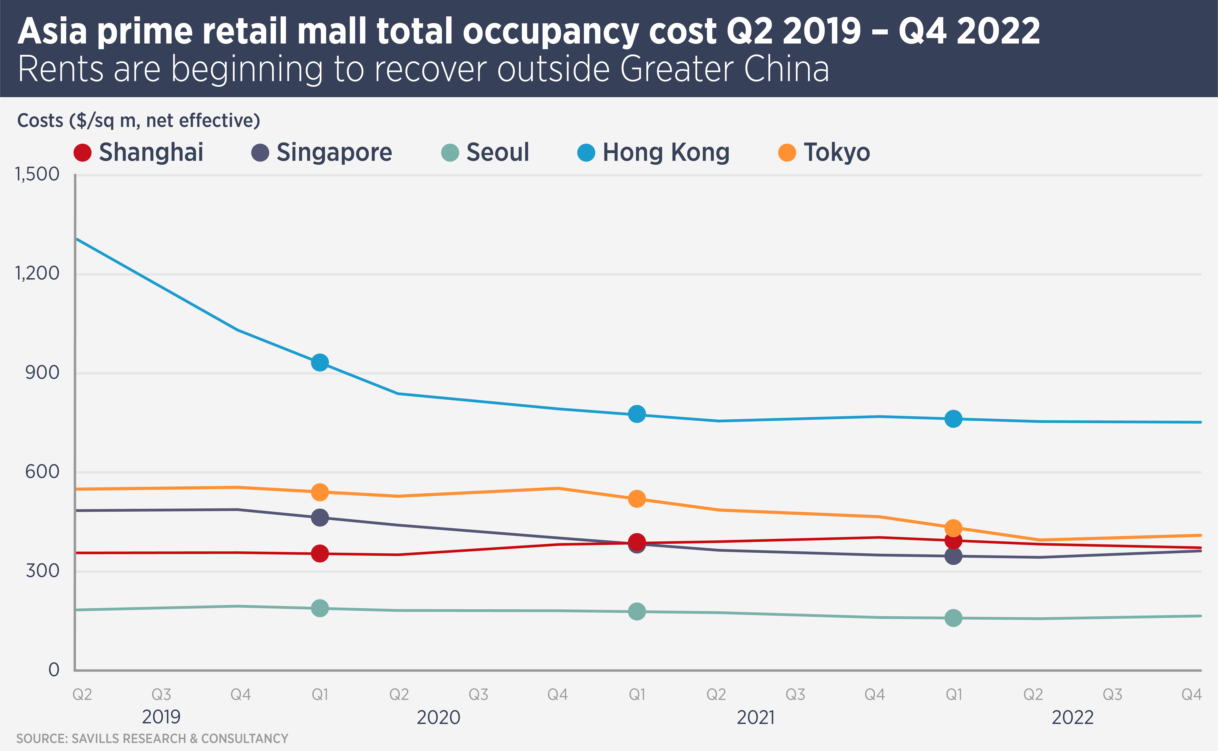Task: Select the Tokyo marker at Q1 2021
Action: click(x=637, y=499)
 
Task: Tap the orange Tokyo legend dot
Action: click(x=787, y=152)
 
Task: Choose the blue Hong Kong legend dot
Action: click(x=586, y=152)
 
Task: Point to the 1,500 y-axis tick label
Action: click(x=37, y=174)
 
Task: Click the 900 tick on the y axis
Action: click(x=42, y=373)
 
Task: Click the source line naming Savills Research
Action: click(x=152, y=739)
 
